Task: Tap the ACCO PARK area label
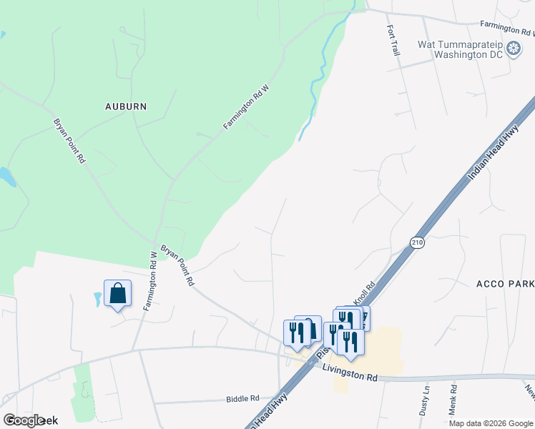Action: (505, 284)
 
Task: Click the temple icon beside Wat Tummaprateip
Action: (514, 49)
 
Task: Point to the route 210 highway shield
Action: (418, 243)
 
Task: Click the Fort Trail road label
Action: (392, 41)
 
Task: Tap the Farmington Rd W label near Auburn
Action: (245, 107)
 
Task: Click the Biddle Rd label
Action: (242, 398)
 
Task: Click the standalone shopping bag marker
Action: (117, 293)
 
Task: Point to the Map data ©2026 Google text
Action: (491, 423)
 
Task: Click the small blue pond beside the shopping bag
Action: (98, 299)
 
